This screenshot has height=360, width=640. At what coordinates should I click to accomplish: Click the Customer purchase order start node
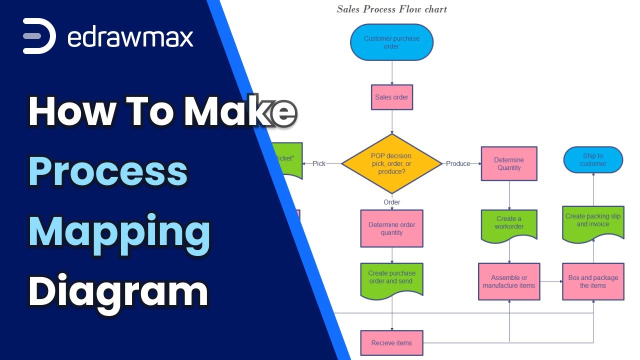[391, 42]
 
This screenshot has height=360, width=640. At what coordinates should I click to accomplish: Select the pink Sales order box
[391, 97]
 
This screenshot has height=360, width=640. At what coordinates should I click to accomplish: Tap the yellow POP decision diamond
[391, 163]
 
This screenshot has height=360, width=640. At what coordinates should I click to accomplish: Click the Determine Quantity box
[509, 163]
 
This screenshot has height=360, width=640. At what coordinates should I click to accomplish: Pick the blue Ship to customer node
[593, 160]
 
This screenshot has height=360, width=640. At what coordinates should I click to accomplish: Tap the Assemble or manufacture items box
[509, 281]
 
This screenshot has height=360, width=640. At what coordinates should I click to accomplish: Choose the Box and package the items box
[593, 281]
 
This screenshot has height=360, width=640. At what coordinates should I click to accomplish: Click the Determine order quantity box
[391, 228]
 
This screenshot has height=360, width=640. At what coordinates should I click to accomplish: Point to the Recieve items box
[391, 343]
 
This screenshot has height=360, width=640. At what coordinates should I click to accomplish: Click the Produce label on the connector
[458, 163]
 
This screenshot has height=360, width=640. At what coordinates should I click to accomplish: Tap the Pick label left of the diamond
[319, 163]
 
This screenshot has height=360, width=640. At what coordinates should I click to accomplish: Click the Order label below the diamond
[391, 202]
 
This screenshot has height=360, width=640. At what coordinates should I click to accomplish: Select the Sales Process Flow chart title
[391, 9]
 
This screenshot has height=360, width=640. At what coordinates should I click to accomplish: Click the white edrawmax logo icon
[39, 36]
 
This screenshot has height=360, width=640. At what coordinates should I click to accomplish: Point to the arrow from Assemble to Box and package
[551, 281]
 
